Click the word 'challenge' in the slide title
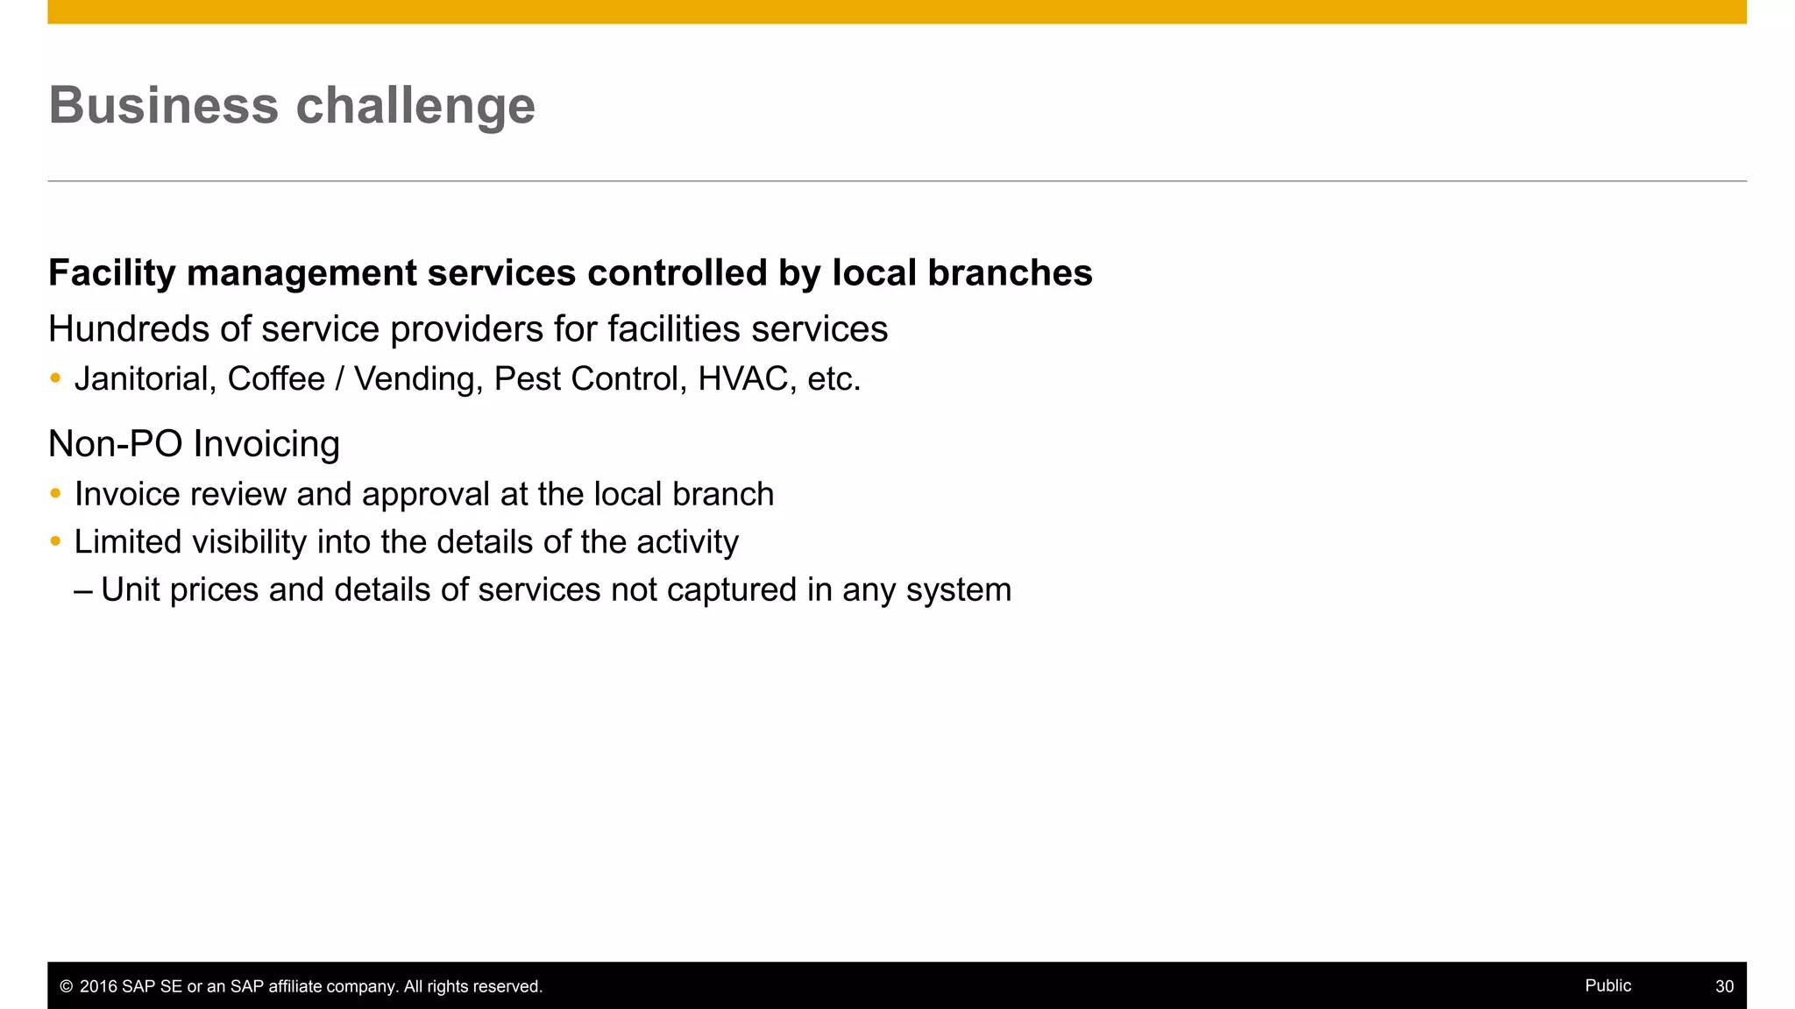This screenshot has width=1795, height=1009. point(415,106)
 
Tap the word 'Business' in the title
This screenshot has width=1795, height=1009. point(164,106)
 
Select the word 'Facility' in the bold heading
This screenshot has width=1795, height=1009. point(112,273)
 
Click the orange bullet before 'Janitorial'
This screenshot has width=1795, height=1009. point(55,378)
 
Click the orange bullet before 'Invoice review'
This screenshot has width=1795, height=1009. point(55,494)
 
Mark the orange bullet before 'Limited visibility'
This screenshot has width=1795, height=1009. point(55,541)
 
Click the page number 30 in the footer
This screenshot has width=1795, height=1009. point(1724,986)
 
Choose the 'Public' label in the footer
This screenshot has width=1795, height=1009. point(1607,985)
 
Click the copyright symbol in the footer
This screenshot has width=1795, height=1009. point(66,987)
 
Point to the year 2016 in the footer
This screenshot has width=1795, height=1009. point(98,987)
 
